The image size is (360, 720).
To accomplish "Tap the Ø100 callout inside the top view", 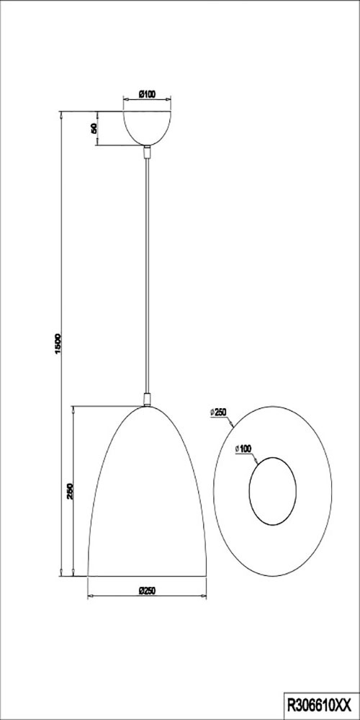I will [243, 449].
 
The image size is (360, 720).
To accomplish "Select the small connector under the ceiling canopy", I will [147, 152].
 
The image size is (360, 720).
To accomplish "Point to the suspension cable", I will [147, 274].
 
